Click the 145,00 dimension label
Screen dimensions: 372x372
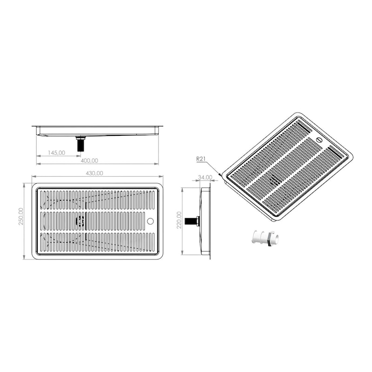(56, 153)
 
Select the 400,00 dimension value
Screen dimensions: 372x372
(89, 160)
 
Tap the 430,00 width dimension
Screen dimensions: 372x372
(94, 173)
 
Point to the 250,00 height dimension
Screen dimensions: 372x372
(21, 216)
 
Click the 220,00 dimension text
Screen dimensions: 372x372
(179, 220)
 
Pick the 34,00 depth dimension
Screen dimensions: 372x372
(205, 177)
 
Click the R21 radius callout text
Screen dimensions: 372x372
(201, 159)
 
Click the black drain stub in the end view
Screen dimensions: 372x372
(192, 221)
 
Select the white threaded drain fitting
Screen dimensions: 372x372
(265, 238)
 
